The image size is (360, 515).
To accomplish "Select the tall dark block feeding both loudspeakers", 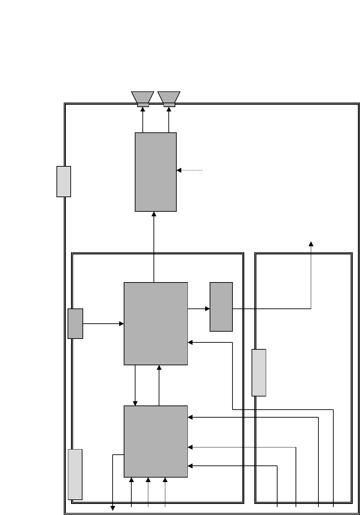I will [x=156, y=172].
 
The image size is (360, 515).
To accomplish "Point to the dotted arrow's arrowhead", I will [x=179, y=170].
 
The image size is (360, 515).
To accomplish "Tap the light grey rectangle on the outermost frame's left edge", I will [x=64, y=182].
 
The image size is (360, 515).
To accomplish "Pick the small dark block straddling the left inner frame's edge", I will [x=75, y=324].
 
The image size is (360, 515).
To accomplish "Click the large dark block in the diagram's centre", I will [x=156, y=324].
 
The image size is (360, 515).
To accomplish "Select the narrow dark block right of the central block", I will [x=221, y=307].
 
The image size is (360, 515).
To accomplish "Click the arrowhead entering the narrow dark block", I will [x=208, y=309].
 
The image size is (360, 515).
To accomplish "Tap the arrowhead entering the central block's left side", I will [x=122, y=324].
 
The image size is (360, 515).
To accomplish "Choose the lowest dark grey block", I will [x=156, y=441].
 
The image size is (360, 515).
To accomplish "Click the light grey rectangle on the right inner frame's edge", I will [x=259, y=373].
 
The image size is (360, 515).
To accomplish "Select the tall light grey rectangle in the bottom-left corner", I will [x=75, y=474].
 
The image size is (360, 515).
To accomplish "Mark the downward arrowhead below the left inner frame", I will [x=113, y=508].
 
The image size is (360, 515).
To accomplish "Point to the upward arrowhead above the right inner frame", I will [x=311, y=244].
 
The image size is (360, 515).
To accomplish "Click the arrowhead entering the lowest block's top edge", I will [x=135, y=403].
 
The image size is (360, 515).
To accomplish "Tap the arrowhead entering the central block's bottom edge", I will [x=159, y=367].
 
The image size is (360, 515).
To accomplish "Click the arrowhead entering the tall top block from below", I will [x=154, y=214].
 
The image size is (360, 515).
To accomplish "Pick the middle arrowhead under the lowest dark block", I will [x=148, y=480].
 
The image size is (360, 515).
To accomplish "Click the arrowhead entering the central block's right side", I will [x=190, y=342].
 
